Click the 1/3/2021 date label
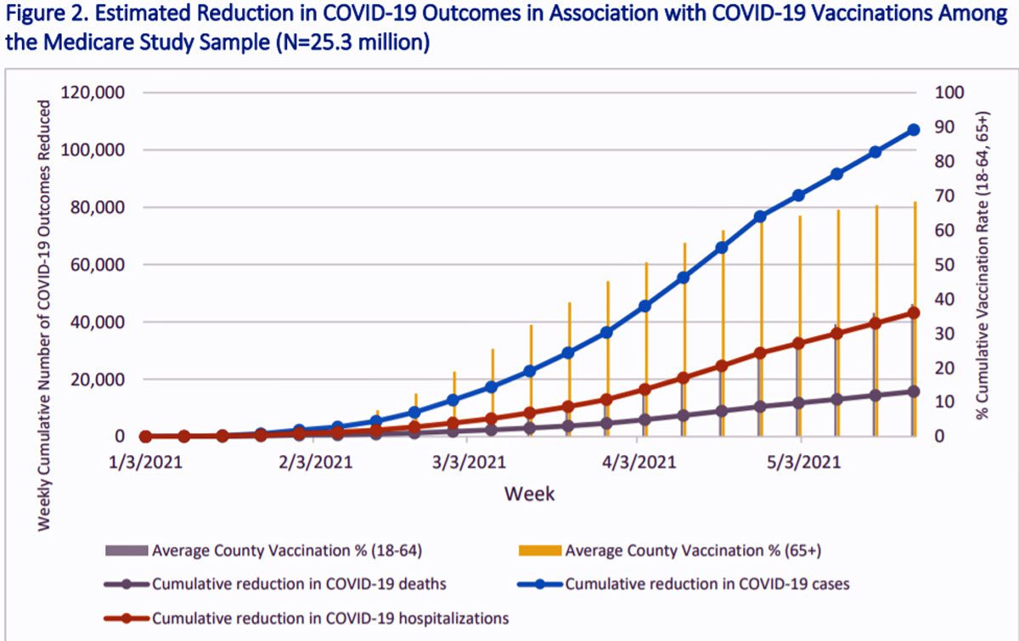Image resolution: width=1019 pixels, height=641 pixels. click(x=145, y=463)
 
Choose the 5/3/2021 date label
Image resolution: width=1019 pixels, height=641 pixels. click(x=800, y=463)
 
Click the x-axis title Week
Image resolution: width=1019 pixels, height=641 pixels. click(x=530, y=493)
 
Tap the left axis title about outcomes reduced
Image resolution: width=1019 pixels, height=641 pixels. click(x=44, y=314)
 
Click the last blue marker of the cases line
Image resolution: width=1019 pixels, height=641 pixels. click(x=914, y=130)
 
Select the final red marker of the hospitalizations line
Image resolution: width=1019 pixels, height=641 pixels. click(x=914, y=312)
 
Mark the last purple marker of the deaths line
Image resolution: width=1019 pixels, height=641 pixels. click(x=914, y=391)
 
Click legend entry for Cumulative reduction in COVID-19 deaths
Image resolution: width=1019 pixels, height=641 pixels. click(x=299, y=583)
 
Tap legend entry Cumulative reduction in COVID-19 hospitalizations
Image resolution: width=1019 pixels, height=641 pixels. click(x=330, y=618)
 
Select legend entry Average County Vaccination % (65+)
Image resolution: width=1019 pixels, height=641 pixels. click(x=693, y=550)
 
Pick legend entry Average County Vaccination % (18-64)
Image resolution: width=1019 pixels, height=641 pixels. click(x=286, y=550)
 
